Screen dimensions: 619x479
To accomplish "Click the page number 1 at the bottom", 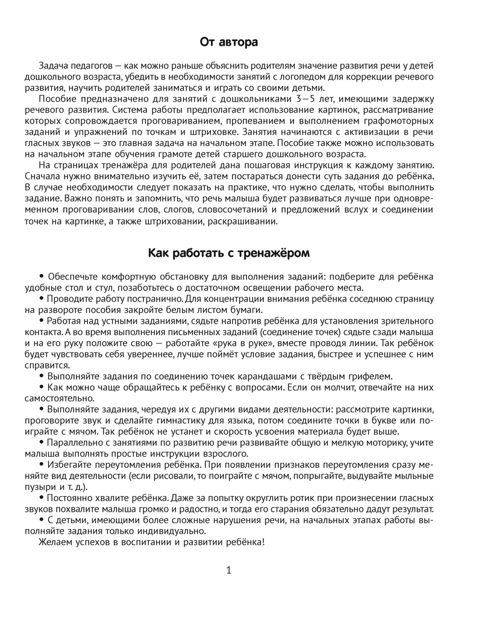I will pyautogui.click(x=229, y=570).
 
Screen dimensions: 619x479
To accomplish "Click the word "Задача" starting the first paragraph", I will pyautogui.click(x=55, y=66).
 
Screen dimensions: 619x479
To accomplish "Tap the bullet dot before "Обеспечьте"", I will pyautogui.click(x=42, y=277).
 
